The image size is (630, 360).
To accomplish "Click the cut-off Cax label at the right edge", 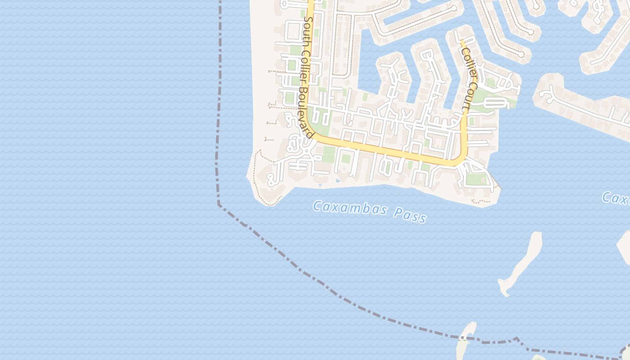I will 616,198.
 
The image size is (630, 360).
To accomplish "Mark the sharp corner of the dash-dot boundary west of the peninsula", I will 219,204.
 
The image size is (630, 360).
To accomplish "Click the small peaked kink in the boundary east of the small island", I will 517,338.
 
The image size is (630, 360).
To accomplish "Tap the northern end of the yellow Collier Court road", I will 461,42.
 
